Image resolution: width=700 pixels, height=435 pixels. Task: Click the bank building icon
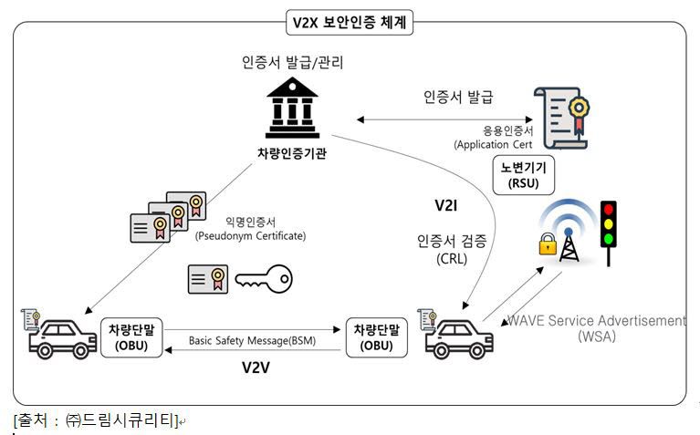tap(292, 107)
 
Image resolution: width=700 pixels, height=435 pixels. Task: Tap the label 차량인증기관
tap(292, 152)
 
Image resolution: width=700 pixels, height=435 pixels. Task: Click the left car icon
tap(59, 336)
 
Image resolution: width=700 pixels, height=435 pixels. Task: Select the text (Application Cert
tap(493, 144)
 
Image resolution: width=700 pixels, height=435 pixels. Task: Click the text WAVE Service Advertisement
tap(596, 321)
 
